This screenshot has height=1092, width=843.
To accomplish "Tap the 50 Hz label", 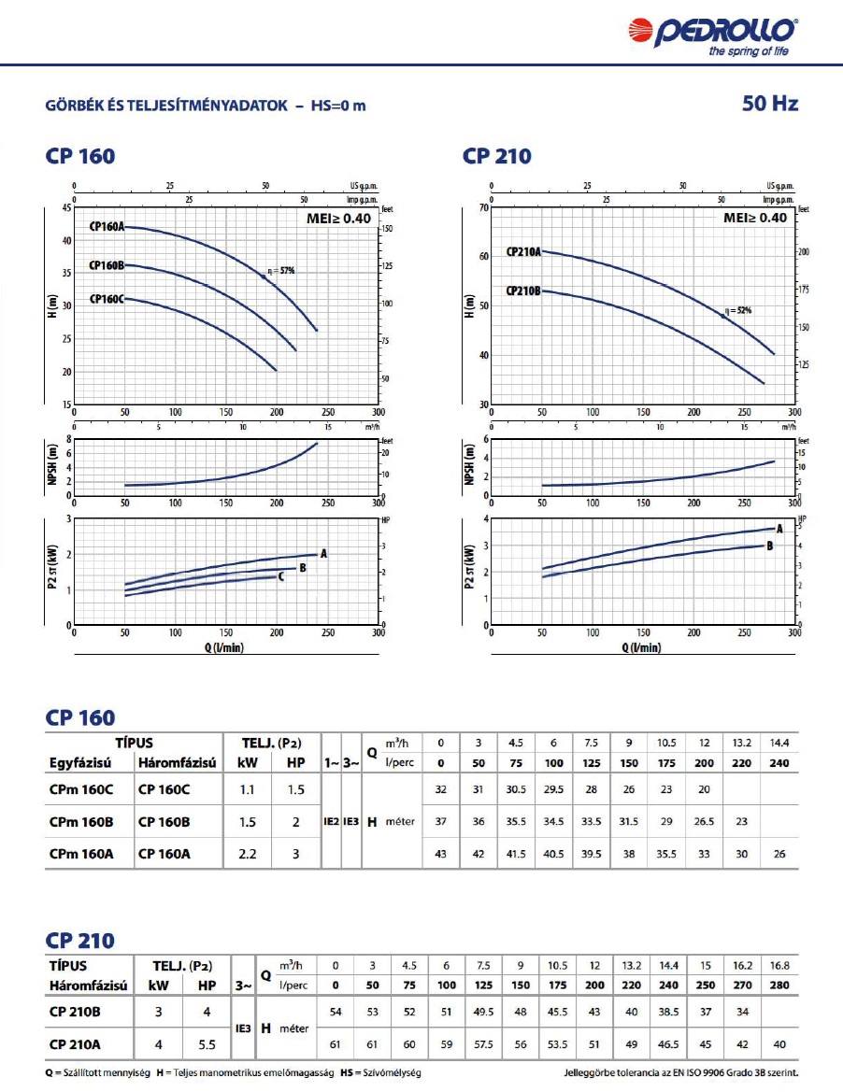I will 770,104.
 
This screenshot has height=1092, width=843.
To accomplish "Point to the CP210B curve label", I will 523,291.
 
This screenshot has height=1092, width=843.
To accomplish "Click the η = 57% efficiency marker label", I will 281,271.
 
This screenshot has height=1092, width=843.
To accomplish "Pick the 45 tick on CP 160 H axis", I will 64,207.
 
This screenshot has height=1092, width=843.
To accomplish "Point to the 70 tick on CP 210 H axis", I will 482,207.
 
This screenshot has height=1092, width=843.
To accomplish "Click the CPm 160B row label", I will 81,822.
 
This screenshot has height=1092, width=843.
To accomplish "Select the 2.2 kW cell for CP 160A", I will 248,853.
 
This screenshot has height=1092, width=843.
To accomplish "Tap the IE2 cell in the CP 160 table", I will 330,822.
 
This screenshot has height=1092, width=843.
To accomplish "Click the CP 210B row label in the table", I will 76,1010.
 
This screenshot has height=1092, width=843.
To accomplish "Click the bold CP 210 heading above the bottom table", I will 80,940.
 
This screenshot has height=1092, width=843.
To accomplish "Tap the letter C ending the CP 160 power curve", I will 280,576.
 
